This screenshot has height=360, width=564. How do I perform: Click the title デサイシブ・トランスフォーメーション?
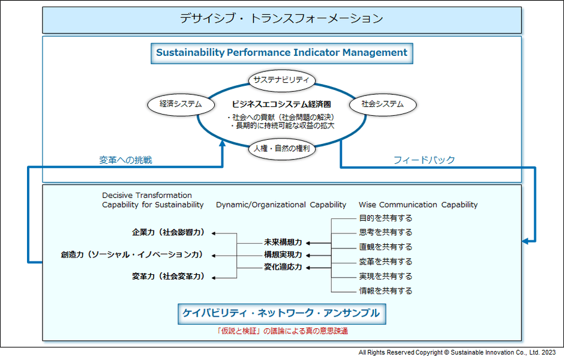pos(281,19)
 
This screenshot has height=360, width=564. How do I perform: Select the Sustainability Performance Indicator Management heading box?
pos(281,52)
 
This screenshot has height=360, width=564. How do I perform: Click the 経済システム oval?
pos(181,104)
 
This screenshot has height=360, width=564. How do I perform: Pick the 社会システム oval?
pos(382,104)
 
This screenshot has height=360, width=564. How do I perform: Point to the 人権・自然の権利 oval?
pos(281,148)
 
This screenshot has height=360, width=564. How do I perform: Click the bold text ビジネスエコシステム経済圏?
pos(281,104)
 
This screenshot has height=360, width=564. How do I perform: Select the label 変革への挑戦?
pos(125,160)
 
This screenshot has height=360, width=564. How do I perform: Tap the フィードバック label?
pos(424,160)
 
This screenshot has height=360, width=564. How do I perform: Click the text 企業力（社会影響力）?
pos(169,232)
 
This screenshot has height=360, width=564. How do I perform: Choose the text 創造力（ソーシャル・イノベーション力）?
pos(132,254)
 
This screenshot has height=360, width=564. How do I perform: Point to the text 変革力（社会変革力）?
pos(169,277)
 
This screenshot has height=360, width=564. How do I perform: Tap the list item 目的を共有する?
pos(386,218)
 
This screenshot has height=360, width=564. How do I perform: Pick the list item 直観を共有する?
pos(386,247)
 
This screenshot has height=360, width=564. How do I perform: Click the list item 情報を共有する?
pos(386,291)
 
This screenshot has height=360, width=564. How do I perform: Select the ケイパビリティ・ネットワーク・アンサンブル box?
pos(281,313)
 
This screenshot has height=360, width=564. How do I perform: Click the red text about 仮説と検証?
pos(281,331)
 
